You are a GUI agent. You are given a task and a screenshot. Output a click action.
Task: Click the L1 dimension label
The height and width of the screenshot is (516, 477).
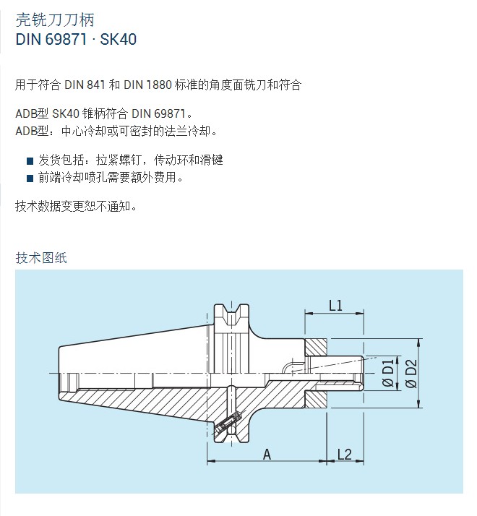(335, 306)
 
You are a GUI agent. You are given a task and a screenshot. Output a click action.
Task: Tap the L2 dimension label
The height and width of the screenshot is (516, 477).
(345, 455)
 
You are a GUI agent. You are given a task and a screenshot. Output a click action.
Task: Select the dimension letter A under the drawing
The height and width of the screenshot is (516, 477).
(267, 455)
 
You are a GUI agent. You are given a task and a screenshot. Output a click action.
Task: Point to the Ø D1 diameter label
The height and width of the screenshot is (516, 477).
(388, 373)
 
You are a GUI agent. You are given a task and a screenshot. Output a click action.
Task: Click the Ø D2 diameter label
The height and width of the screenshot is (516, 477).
(411, 374)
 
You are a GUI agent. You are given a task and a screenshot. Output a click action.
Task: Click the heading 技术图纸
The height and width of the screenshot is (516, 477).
(41, 258)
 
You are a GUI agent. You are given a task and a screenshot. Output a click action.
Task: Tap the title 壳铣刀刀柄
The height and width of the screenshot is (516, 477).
(55, 20)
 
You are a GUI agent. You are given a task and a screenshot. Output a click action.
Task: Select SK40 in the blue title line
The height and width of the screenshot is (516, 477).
(119, 40)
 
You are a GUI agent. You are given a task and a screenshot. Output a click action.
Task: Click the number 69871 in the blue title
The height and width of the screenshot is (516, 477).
(66, 40)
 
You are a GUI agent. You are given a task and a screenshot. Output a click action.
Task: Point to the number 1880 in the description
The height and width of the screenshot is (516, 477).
(159, 85)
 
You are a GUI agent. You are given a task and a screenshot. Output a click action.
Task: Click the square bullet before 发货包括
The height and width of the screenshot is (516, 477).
(30, 161)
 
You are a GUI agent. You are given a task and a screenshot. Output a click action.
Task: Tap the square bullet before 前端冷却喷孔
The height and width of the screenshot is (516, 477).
(30, 179)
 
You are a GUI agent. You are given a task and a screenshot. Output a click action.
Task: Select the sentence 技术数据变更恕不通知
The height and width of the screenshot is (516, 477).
(76, 207)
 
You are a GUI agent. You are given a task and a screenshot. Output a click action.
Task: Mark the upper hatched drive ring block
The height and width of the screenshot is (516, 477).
(316, 347)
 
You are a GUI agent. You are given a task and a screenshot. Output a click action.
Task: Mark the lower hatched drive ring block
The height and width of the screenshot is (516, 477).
(316, 399)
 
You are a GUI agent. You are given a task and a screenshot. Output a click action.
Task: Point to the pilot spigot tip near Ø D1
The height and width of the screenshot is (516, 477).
(362, 373)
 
